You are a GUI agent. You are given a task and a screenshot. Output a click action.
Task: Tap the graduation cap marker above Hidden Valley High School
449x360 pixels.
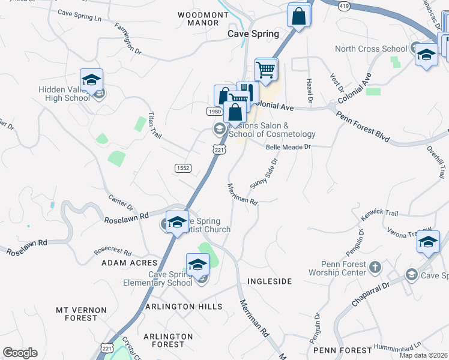(91, 80)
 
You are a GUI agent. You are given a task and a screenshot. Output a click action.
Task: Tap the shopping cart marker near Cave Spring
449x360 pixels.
(266, 69)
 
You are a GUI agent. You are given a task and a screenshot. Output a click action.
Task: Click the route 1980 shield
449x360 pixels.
(215, 112)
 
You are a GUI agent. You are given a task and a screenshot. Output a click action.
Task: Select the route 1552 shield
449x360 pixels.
(183, 168)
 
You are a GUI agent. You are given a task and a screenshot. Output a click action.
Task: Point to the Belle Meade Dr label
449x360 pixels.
(288, 146)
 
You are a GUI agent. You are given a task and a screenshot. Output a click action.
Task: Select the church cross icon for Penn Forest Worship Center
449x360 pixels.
(375, 266)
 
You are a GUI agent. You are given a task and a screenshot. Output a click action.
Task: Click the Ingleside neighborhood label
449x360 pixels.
(269, 281)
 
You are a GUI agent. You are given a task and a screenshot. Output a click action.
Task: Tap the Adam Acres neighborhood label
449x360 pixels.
(129, 263)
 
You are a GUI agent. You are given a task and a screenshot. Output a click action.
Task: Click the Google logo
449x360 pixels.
(20, 353)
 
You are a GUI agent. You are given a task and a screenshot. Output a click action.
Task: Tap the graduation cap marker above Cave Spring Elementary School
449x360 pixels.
(197, 264)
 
